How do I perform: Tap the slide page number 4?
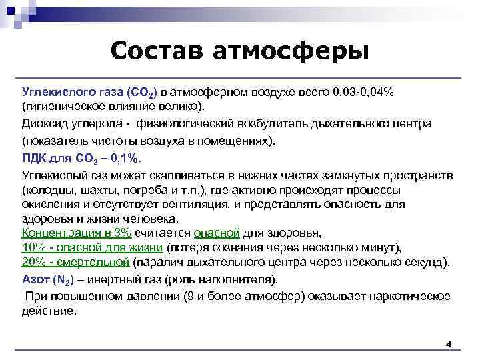click(448, 345)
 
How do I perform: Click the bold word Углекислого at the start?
click(53, 91)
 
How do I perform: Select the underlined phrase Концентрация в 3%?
click(77, 233)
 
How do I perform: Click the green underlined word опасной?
click(216, 233)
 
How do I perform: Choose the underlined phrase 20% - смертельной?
click(75, 262)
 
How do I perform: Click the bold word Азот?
click(35, 279)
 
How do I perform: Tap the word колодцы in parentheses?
click(47, 189)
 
